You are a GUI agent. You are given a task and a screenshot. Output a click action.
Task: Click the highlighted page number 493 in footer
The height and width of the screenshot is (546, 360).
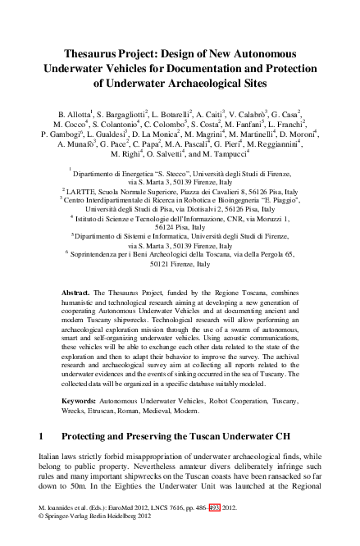coord(216,530)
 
